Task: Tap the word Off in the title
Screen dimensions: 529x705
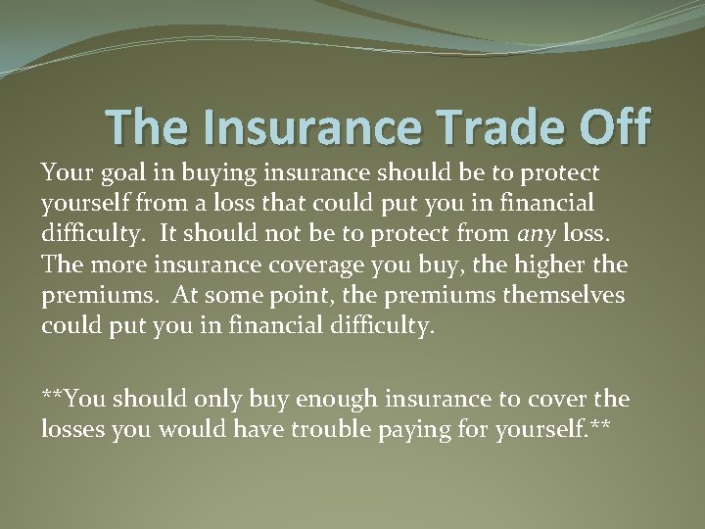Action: click(x=606, y=127)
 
